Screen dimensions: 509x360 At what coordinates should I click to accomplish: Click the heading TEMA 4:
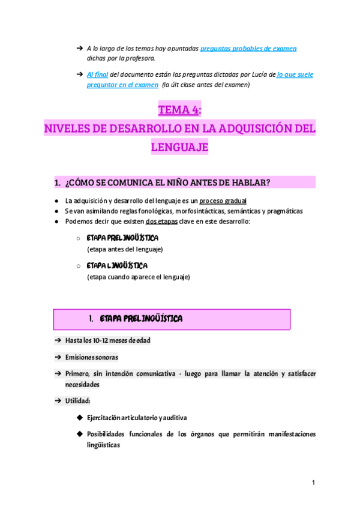(179, 110)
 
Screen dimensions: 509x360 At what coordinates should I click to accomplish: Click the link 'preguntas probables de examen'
(248, 48)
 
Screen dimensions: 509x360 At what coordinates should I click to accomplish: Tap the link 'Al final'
(97, 74)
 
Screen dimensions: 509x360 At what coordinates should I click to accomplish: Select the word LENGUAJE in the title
(179, 146)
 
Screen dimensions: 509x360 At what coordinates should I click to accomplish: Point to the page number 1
(313, 482)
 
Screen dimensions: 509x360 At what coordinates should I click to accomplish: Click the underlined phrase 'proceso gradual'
(223, 200)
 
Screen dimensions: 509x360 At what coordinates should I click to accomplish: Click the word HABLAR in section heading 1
(248, 182)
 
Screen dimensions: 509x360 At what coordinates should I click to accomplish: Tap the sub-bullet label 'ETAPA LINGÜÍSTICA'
(117, 265)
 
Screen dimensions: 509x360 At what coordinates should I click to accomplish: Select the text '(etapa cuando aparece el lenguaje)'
(138, 277)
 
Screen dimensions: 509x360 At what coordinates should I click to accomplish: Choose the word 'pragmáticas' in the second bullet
(283, 211)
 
